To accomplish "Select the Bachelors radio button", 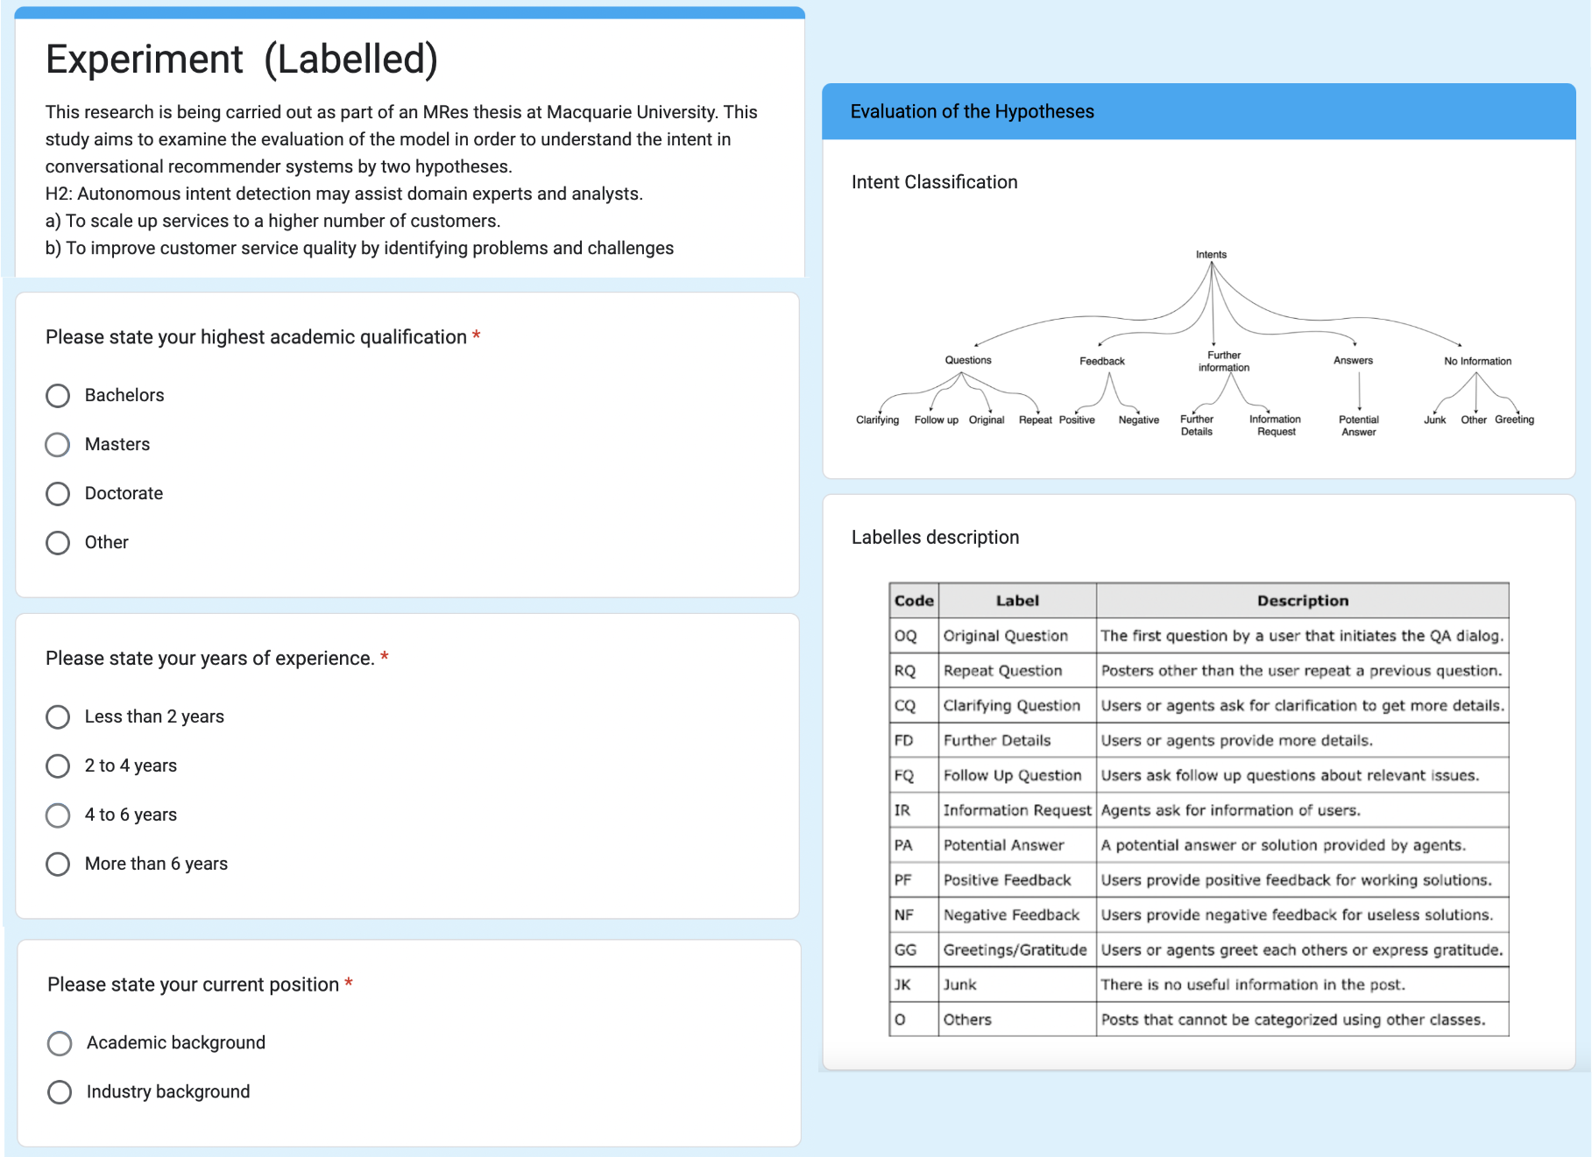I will pyautogui.click(x=58, y=396).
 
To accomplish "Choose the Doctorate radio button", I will pyautogui.click(x=58, y=494).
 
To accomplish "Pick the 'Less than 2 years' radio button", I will pyautogui.click(x=58, y=717).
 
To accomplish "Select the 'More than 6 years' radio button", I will pyautogui.click(x=58, y=864).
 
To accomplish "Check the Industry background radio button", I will pyautogui.click(x=60, y=1092).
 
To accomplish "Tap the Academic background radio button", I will pyautogui.click(x=60, y=1043).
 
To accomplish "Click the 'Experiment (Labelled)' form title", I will pyautogui.click(x=241, y=60).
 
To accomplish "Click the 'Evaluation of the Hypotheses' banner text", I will pyautogui.click(x=972, y=111).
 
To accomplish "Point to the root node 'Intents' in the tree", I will pyautogui.click(x=1211, y=255).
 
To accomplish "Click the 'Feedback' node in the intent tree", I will pyautogui.click(x=1101, y=361).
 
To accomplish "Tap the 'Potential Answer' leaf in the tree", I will pyautogui.click(x=1358, y=426).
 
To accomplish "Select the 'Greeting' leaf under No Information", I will pyautogui.click(x=1514, y=420).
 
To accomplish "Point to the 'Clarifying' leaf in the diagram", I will pyautogui.click(x=877, y=420).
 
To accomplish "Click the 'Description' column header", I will pyautogui.click(x=1302, y=601).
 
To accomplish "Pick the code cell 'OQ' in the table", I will pyautogui.click(x=906, y=636).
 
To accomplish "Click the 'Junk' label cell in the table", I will pyautogui.click(x=960, y=984).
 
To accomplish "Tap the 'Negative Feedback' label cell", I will pyautogui.click(x=1011, y=914).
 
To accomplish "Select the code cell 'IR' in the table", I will pyautogui.click(x=902, y=810).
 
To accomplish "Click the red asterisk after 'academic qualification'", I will pyautogui.click(x=477, y=335).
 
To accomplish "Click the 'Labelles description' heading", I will pyautogui.click(x=935, y=537).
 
